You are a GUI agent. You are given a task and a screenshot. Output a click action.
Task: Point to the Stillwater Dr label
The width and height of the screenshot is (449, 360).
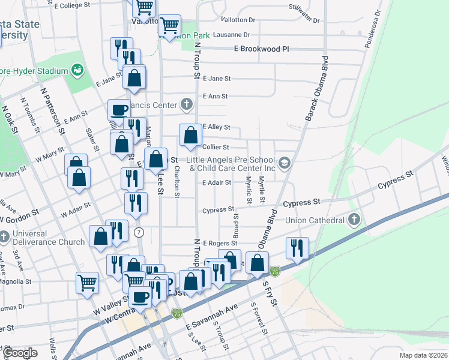point(304,14)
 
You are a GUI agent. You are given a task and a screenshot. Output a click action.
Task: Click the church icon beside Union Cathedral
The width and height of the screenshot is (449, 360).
point(354,220)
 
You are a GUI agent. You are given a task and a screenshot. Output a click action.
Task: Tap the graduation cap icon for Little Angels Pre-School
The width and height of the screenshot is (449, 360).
point(285,163)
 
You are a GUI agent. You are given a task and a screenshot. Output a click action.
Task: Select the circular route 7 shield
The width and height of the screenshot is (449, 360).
point(139,232)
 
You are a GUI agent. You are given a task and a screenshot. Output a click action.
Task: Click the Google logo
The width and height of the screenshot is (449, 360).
point(20,353)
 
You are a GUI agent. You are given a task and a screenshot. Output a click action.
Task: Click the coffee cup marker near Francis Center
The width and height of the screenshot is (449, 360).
point(119,110)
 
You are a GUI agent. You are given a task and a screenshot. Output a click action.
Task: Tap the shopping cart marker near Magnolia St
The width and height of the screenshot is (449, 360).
point(88,281)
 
